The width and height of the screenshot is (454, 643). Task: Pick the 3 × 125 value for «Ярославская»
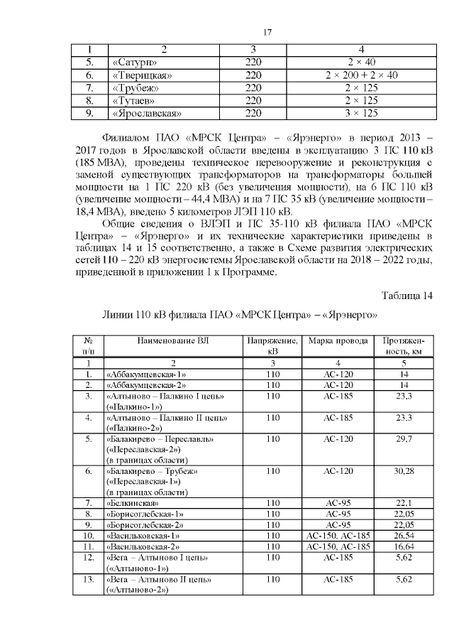click(361, 113)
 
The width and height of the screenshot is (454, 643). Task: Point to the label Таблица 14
click(406, 296)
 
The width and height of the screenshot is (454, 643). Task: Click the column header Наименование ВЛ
click(173, 341)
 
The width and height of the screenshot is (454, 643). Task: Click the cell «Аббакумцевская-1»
click(145, 374)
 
